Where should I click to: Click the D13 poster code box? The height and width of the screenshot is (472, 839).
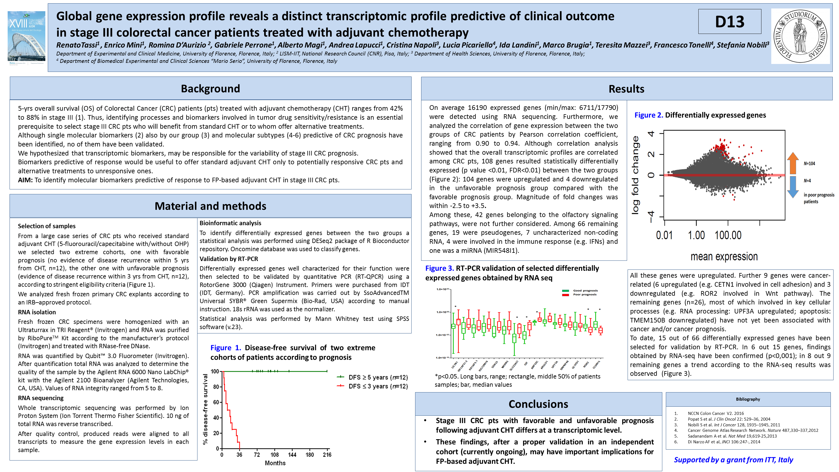(x=729, y=22)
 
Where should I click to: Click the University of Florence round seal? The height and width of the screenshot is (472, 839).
(x=800, y=36)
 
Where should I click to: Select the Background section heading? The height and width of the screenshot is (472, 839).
(x=210, y=89)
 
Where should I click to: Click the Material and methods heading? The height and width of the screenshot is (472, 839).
(x=210, y=206)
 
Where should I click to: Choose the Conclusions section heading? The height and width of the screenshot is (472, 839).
(x=538, y=404)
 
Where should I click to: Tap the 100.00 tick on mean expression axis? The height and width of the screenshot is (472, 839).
(x=728, y=235)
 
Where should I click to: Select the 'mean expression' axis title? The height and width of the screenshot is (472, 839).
(x=724, y=257)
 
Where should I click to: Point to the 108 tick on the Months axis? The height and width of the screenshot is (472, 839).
(x=274, y=455)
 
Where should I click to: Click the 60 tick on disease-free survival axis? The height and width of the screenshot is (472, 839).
(x=215, y=402)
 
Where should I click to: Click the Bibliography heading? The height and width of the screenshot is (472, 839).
(x=748, y=399)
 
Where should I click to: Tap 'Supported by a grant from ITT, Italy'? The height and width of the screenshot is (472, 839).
(x=733, y=460)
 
